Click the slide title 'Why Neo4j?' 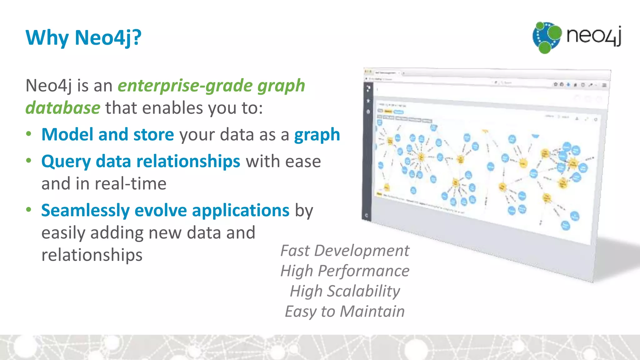tap(83, 38)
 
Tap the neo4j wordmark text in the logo tap(593, 36)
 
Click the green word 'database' tap(63, 108)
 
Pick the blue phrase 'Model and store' tap(107, 135)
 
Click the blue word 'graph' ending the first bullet tap(317, 135)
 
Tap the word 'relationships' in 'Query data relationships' tap(188, 162)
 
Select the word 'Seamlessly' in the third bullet tap(85, 210)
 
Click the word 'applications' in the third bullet tap(241, 210)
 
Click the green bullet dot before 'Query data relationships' tap(29, 161)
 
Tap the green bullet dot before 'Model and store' tap(29, 134)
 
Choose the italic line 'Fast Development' tap(345, 251)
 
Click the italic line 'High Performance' tap(345, 271)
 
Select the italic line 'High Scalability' tap(345, 291)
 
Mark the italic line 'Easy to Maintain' tap(345, 312)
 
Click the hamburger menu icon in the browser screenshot tap(604, 85)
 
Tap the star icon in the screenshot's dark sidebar tap(368, 101)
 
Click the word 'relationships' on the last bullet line tap(92, 255)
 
